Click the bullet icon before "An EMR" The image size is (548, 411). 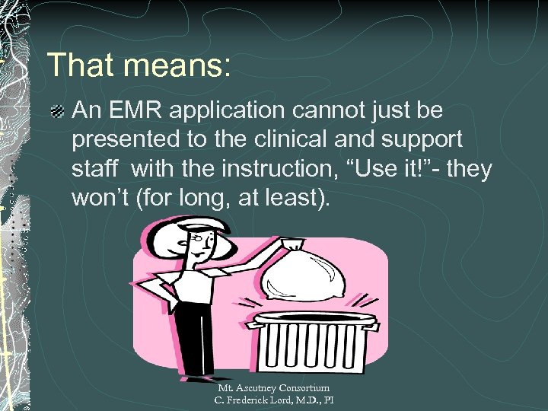point(56,113)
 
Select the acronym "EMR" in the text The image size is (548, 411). point(133,111)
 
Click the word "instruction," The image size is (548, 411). point(258,169)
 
